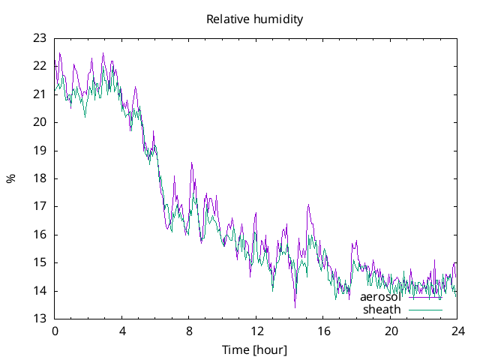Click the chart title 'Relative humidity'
255,19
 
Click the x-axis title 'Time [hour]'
255,349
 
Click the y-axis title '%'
10,178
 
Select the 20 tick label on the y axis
40,122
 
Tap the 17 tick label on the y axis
40,206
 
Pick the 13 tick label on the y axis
40,319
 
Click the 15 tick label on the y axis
40,262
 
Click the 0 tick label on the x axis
55,331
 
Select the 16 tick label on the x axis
323,331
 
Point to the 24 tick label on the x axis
457,331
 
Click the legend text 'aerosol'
380,297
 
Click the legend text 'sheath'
382,309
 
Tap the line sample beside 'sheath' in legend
425,309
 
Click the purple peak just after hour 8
192,163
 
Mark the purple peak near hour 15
308,205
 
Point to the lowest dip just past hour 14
295,307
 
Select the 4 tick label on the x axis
122,331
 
